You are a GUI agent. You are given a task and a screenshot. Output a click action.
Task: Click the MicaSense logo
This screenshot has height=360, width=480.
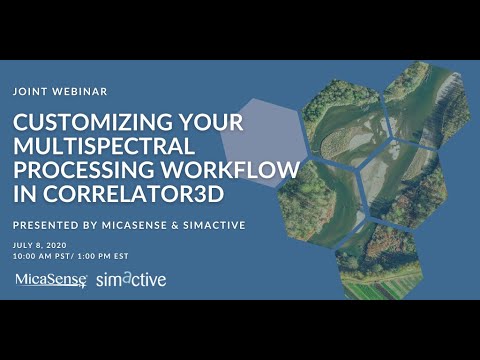point(51,279)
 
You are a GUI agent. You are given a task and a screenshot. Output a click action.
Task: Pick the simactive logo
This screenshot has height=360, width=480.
point(131,279)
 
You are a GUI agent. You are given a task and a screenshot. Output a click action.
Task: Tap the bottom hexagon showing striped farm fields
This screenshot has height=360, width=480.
point(379,262)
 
